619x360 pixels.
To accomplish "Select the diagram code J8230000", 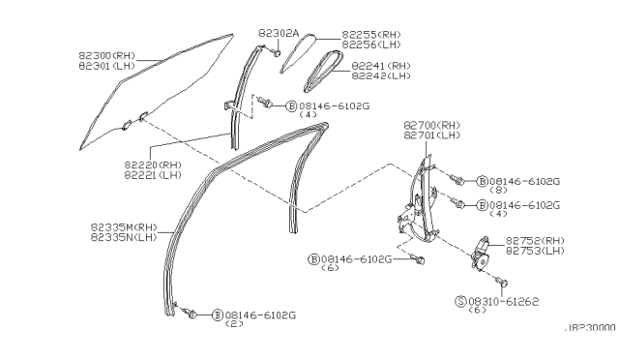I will pyautogui.click(x=589, y=327).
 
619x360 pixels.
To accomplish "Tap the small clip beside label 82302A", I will pyautogui.click(x=277, y=53).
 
